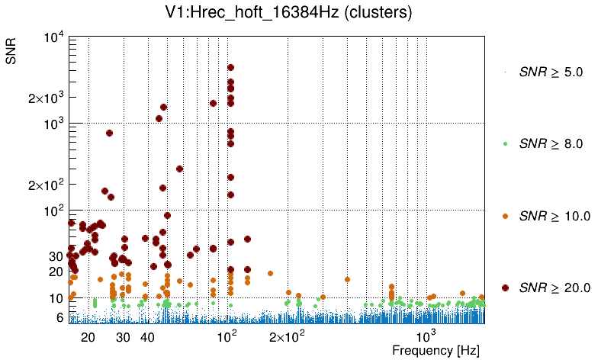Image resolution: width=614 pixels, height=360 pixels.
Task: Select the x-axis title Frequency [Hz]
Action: (436, 351)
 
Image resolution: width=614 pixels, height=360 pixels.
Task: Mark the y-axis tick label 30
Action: (55, 256)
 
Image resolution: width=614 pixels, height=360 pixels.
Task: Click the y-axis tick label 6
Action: (58, 317)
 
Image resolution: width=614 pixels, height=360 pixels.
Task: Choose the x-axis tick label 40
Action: (148, 337)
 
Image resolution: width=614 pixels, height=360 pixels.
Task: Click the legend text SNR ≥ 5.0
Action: (551, 72)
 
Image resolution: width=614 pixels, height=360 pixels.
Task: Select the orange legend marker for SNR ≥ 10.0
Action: (506, 216)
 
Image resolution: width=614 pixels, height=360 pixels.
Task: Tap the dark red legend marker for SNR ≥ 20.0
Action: (506, 288)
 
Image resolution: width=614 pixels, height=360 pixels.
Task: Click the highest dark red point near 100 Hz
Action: (230, 68)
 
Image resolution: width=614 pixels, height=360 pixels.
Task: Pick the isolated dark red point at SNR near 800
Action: (109, 133)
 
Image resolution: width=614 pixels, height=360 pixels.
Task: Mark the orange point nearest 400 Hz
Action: (347, 279)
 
